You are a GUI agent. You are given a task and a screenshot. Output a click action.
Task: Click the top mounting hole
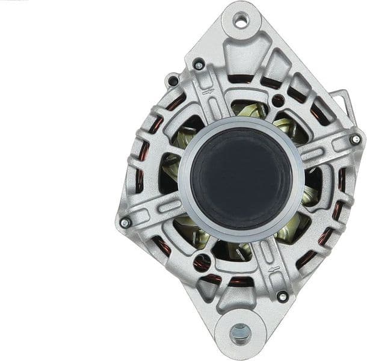pyautogui.click(x=241, y=22)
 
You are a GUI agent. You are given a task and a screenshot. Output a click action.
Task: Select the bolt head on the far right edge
pyautogui.click(x=356, y=140)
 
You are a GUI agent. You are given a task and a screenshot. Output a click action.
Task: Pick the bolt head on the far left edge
pyautogui.click(x=125, y=223)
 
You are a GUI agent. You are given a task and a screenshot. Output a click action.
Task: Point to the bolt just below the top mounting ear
pyautogui.click(x=199, y=64)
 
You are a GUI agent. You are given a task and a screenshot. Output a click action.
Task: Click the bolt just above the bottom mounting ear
pyautogui.click(x=282, y=296)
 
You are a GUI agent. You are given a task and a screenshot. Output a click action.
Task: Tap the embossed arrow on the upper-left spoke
pyautogui.click(x=209, y=91)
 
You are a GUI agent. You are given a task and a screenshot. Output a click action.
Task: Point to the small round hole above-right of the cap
pyautogui.click(x=278, y=100)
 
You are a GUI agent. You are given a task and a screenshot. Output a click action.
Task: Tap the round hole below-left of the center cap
pyautogui.click(x=201, y=262)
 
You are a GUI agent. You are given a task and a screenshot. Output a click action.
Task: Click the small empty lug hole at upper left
pyautogui.click(x=173, y=81)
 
